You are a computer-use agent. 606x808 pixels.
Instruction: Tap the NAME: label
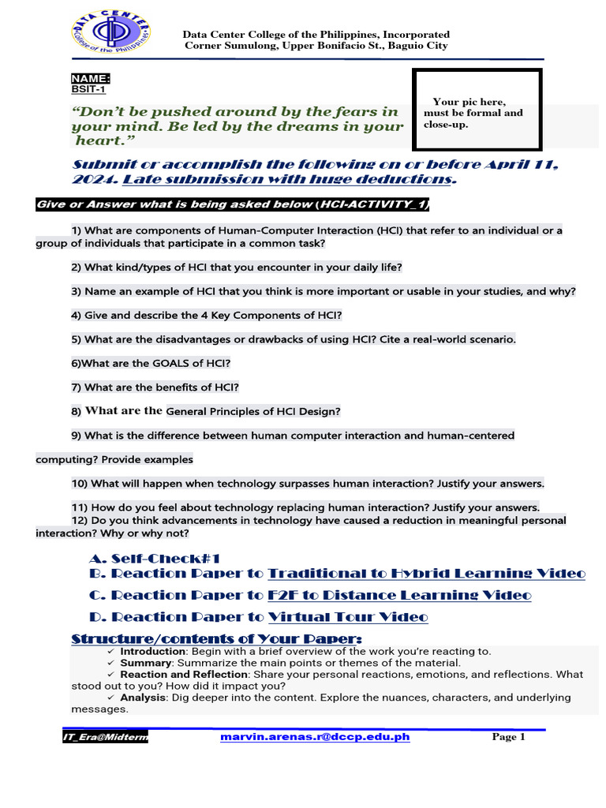coord(91,79)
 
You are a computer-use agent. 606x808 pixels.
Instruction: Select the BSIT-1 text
coord(88,90)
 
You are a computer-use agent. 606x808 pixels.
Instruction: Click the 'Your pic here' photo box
coord(477,110)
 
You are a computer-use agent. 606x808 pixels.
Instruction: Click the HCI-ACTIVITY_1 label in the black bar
coord(372,205)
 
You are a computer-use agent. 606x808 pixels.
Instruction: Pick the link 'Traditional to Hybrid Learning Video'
coord(427,574)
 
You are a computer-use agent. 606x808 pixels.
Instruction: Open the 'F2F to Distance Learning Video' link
coord(399,595)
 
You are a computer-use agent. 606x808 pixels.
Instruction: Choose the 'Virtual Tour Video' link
coord(348,617)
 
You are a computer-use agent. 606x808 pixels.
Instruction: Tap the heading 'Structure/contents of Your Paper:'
coord(217,638)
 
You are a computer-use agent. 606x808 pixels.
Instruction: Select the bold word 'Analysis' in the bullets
coord(143,698)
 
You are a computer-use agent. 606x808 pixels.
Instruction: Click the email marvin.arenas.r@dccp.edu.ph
coord(315,737)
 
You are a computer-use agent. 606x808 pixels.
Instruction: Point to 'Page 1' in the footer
coord(508,737)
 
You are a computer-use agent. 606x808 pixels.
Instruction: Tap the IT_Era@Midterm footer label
coord(105,738)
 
